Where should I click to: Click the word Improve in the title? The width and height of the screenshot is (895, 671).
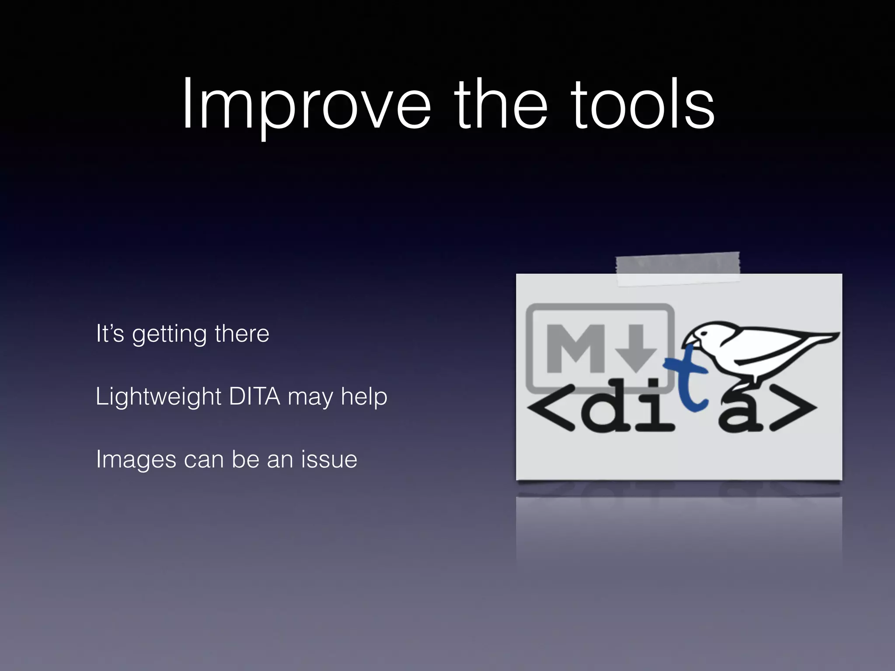[x=306, y=107]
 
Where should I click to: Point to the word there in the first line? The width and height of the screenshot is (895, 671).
[x=242, y=334]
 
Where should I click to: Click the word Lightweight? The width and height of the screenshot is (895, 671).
[x=158, y=397]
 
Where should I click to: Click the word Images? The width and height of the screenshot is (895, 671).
[x=135, y=460]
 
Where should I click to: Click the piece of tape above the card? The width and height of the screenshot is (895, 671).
[x=677, y=267]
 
